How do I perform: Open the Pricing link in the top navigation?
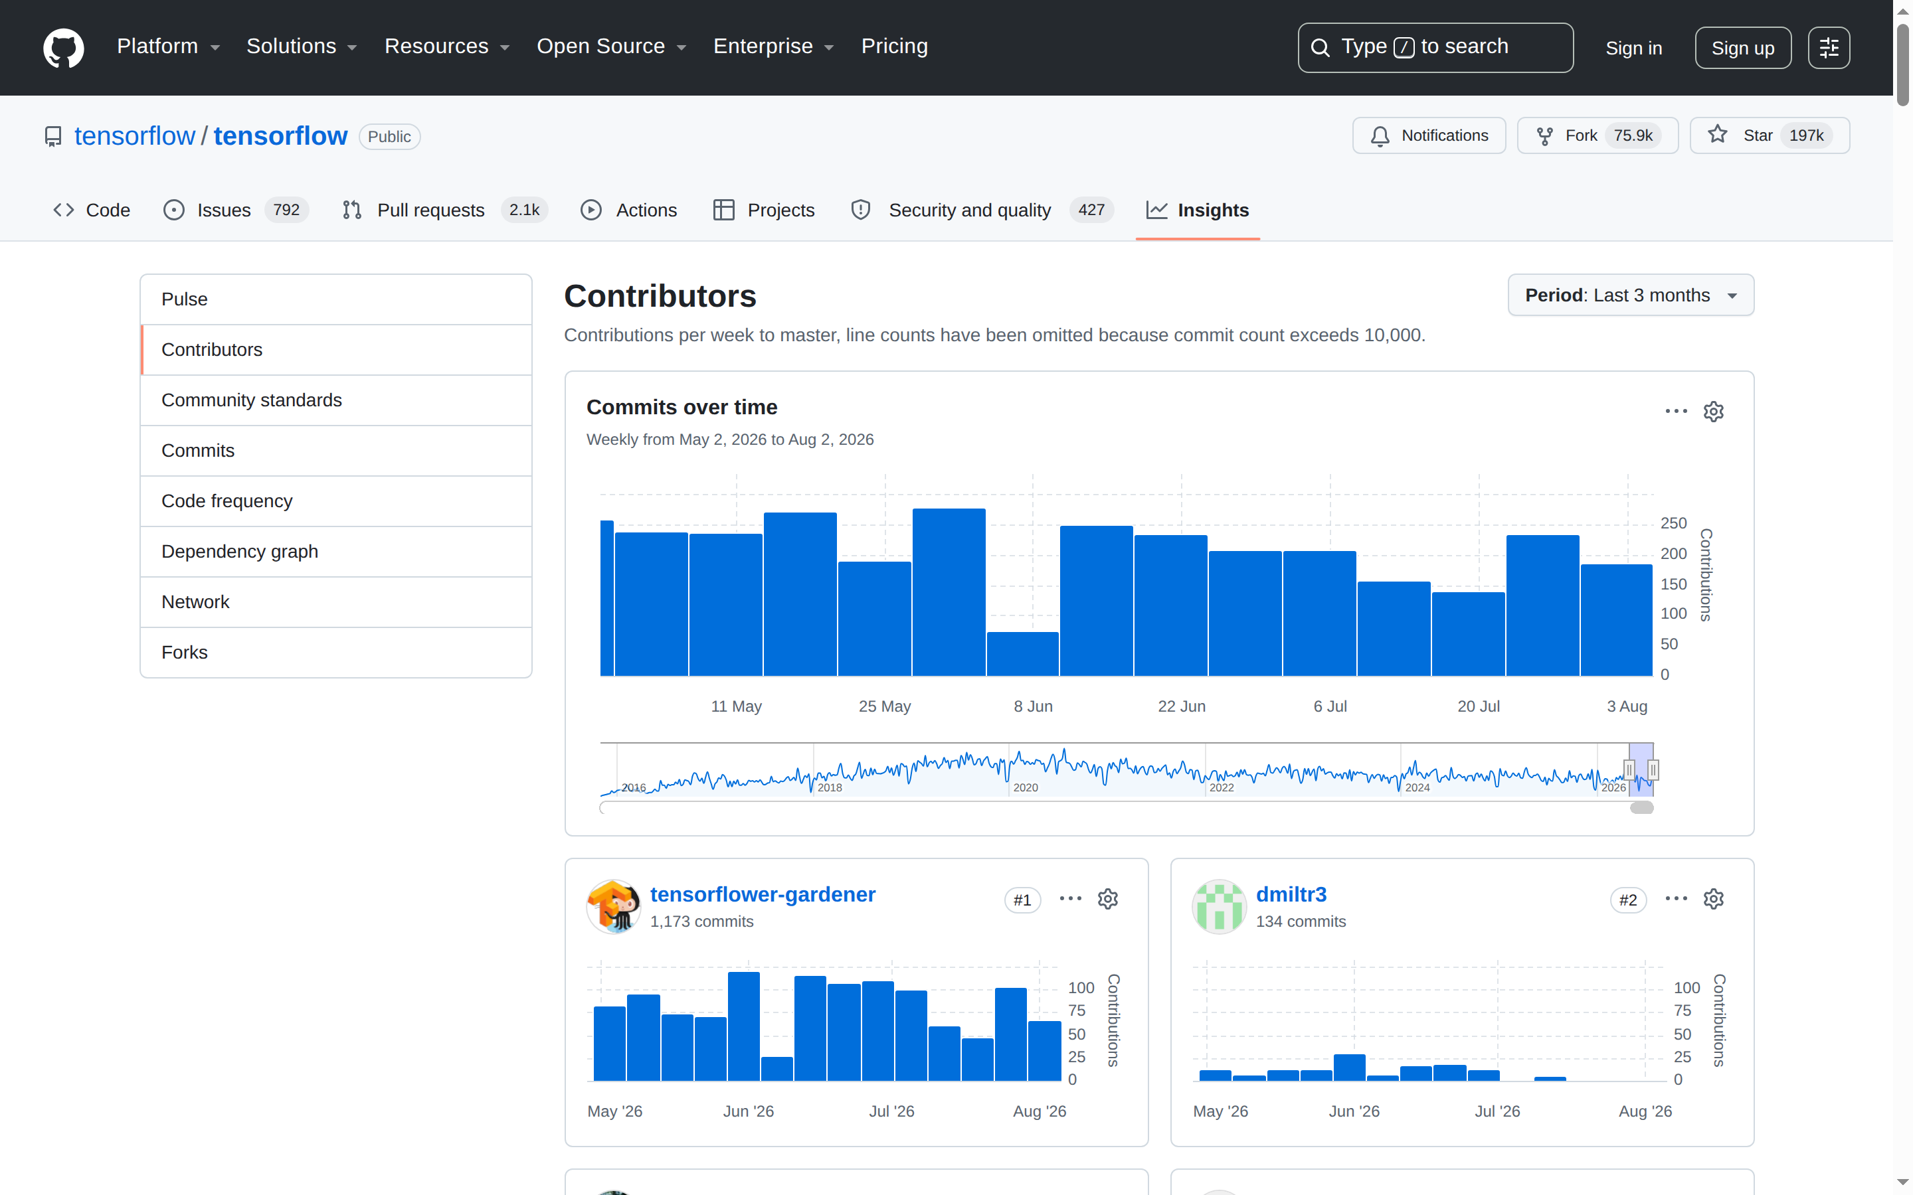click(894, 46)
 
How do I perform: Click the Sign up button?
click(1742, 48)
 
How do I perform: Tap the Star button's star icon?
click(1717, 135)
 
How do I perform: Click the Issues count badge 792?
click(286, 210)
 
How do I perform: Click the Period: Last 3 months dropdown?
click(1630, 295)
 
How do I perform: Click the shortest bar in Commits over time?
click(1022, 654)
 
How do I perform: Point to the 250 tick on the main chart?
click(1673, 523)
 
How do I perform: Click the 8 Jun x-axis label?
click(1032, 706)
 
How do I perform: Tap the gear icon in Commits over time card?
click(1713, 412)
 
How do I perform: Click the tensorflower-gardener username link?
click(762, 895)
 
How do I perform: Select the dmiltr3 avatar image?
click(1218, 906)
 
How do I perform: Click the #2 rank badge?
click(1627, 900)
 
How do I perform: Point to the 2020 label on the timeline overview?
click(1026, 788)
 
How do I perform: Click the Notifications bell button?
click(1428, 136)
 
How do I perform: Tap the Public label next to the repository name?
click(389, 137)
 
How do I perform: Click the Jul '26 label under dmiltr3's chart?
click(1497, 1111)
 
